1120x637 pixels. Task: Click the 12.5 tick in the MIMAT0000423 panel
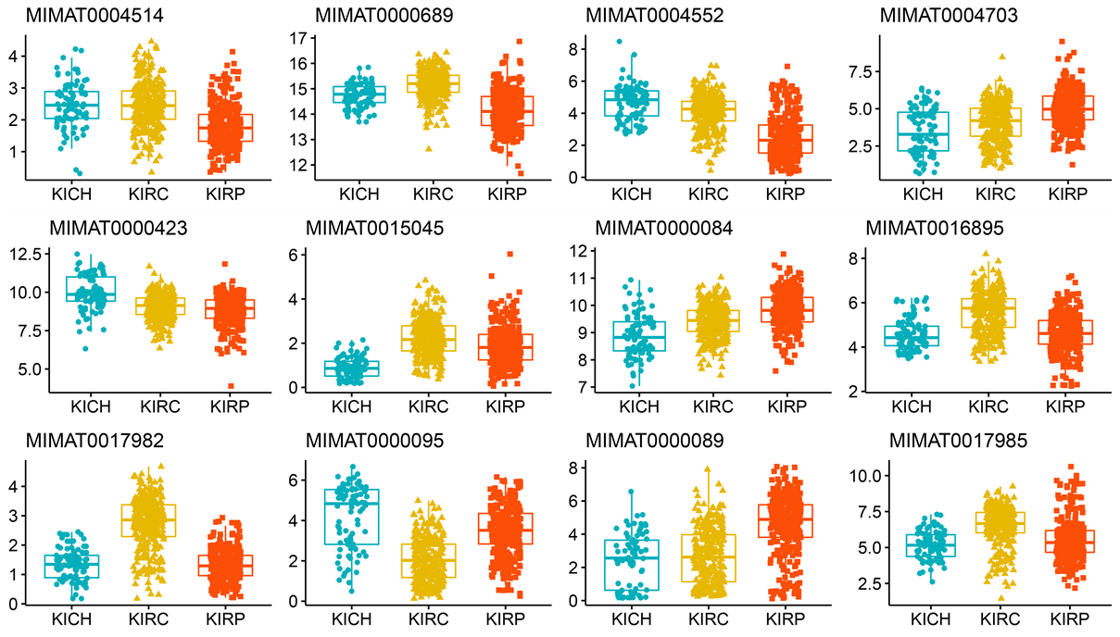(19, 254)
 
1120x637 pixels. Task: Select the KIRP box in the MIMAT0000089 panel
(786, 520)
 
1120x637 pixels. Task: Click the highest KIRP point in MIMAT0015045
(509, 254)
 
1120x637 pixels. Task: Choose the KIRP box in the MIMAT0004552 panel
(786, 139)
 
